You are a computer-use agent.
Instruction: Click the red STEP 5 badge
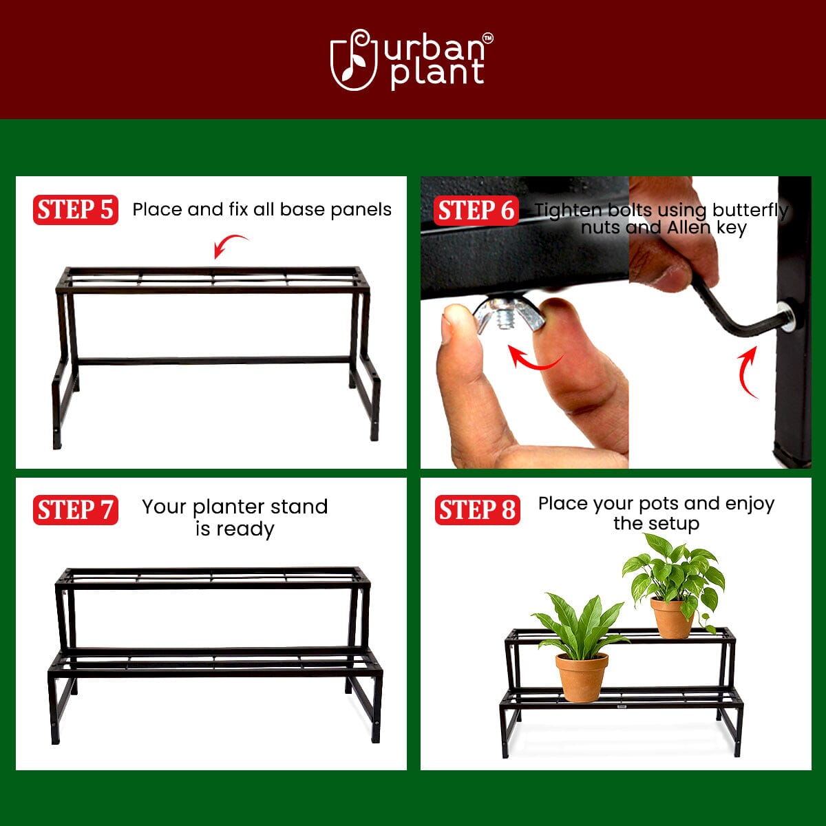75,210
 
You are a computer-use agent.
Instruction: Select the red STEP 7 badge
75,510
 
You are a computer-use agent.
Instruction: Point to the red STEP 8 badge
477,510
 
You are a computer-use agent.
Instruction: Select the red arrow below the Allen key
747,372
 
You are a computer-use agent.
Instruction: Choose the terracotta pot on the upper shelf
671,617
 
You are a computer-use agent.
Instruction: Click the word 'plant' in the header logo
437,74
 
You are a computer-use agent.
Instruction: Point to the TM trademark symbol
487,39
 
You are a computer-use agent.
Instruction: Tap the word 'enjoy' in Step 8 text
750,504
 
